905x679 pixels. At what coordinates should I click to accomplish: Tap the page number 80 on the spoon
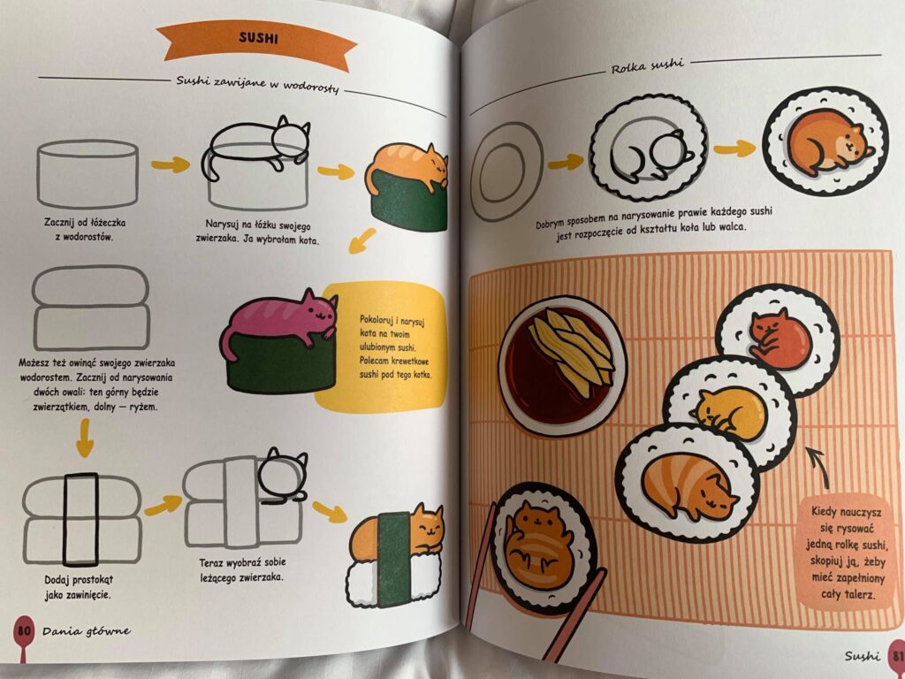(23, 629)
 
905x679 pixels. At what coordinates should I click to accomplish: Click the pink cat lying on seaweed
(281, 320)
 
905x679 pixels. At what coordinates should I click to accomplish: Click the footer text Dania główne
(86, 630)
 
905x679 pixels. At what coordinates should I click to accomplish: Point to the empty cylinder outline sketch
(87, 173)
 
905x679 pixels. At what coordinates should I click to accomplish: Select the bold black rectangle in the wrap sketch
(81, 520)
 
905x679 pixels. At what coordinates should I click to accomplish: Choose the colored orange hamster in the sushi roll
(825, 143)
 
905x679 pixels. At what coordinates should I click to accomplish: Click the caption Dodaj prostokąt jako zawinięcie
(80, 585)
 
